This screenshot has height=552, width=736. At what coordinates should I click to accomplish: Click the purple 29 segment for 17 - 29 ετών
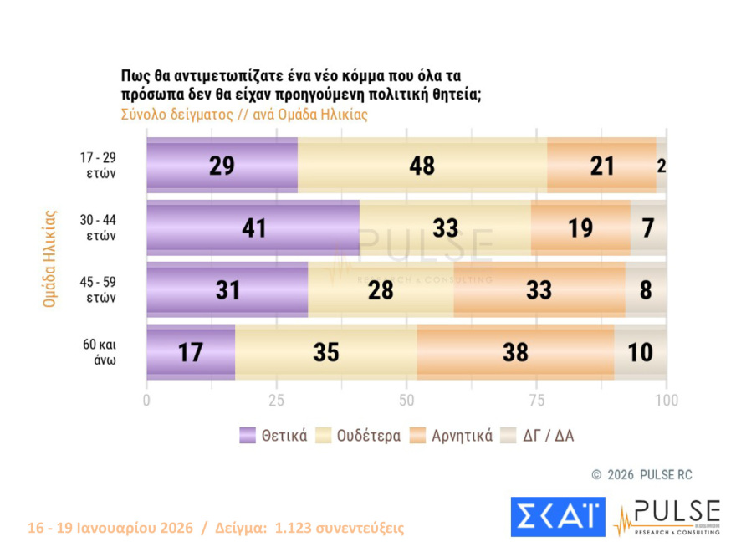coord(222,166)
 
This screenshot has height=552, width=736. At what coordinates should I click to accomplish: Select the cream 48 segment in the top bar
coord(422,166)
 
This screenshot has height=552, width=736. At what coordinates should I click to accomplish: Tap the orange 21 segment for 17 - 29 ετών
coord(601,166)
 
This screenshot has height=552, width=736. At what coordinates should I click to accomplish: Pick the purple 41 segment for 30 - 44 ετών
coord(253,227)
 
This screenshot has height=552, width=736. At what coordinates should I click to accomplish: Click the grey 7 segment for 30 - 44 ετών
coord(648,227)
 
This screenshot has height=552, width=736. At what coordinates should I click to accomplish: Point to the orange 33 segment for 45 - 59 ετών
coord(539,290)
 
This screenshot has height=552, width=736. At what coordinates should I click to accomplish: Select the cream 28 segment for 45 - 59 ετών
coord(381,290)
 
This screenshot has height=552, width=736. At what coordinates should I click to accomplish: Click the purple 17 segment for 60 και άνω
coord(191,352)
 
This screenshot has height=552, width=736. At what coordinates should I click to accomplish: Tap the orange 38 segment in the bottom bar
coord(515,352)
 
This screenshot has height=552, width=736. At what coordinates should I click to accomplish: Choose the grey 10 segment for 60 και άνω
coord(641,352)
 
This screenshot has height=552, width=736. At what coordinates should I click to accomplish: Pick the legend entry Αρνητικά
coord(451,435)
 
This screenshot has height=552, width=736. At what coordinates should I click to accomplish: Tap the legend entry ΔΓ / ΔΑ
coord(537,435)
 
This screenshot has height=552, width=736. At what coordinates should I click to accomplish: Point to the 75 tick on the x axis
coord(537,400)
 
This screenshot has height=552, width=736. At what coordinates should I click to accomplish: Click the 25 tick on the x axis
coord(277,400)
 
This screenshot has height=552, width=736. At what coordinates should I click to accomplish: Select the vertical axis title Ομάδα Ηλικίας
coord(49,258)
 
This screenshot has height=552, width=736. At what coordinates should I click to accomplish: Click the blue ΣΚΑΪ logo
coord(557,516)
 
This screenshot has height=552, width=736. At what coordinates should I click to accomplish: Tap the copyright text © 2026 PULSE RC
coord(641,475)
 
